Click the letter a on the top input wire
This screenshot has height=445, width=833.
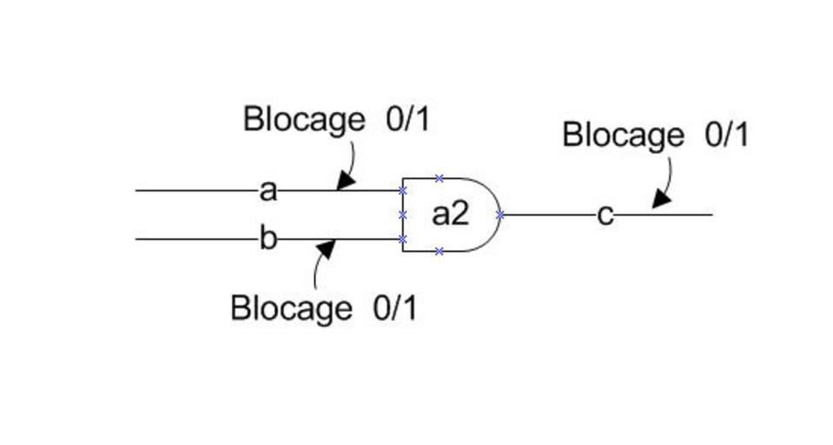coord(268,190)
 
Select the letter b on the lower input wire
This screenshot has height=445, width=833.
coord(268,238)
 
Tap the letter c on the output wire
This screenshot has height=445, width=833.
coord(605,215)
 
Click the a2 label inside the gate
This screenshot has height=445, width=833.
coord(450,214)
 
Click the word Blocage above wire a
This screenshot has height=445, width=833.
coord(304,119)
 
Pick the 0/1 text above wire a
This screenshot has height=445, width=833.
coord(407,119)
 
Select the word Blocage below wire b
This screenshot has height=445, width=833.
coord(292,309)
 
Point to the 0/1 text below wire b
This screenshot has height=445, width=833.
coord(395,308)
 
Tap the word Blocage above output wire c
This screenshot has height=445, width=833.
coord(623,136)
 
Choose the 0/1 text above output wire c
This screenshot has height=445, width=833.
coord(725,135)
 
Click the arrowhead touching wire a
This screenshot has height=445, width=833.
coord(346,181)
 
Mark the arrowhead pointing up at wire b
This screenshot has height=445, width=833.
coord(326,249)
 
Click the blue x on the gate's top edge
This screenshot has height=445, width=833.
coord(440,178)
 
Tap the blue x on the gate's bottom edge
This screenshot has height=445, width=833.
coord(440,251)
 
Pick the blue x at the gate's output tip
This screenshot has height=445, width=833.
coord(500,215)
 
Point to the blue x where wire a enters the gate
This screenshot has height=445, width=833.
coord(403,190)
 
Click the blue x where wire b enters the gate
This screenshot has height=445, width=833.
coord(403,239)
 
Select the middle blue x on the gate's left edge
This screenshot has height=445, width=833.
coord(403,215)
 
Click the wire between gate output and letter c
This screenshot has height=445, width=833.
coord(547,215)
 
